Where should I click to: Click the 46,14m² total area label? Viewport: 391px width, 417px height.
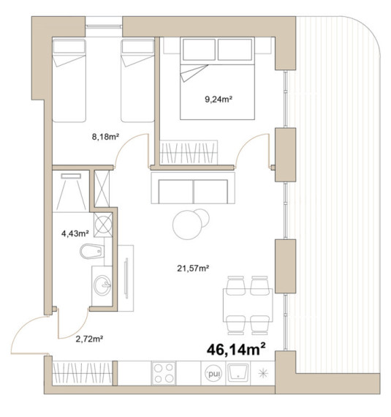click(x=236, y=349)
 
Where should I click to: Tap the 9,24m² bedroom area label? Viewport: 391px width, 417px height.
click(x=219, y=99)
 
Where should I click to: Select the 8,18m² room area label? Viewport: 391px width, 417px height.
click(x=105, y=137)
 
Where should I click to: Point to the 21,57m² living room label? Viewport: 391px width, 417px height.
click(x=193, y=268)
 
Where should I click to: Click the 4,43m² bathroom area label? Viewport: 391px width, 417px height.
click(x=75, y=233)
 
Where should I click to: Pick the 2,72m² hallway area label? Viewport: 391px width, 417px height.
click(x=89, y=339)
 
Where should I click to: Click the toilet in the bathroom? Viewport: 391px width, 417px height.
click(x=92, y=251)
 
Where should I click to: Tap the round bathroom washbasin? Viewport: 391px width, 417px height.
click(x=103, y=285)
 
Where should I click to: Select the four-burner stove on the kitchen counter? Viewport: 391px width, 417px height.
click(x=164, y=373)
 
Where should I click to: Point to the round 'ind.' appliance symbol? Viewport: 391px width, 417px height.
click(x=213, y=373)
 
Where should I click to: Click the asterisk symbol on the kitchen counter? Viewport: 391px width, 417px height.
click(x=263, y=373)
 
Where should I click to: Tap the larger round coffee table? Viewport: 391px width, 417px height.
click(x=187, y=225)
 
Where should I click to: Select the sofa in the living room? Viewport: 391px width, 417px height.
click(x=193, y=188)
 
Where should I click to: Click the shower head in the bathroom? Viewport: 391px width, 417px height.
click(x=71, y=176)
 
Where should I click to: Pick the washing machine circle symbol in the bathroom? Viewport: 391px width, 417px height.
click(x=103, y=225)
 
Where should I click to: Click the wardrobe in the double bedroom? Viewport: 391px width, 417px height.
click(x=189, y=152)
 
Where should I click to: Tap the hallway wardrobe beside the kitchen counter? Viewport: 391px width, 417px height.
click(x=83, y=373)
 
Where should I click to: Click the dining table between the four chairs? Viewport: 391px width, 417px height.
click(x=248, y=305)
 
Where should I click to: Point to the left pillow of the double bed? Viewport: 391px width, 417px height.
click(x=199, y=50)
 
